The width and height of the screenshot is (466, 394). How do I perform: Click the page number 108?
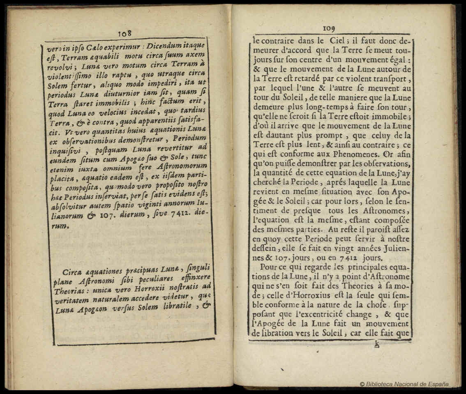(124, 33)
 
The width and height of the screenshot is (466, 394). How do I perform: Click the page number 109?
(329, 28)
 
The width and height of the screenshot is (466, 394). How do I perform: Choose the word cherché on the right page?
(268, 182)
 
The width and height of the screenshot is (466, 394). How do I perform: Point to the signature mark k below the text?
(376, 345)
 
